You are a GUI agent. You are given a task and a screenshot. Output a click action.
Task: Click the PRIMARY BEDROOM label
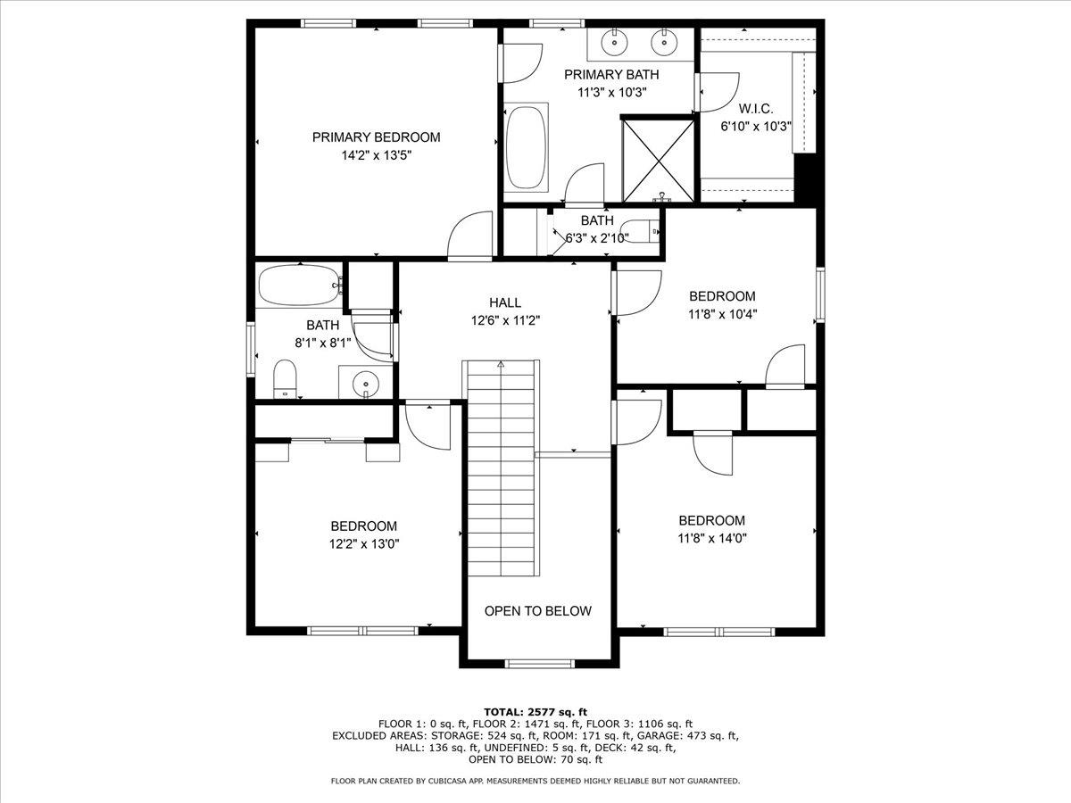point(377,137)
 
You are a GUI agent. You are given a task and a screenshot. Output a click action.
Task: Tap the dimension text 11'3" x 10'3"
point(612,93)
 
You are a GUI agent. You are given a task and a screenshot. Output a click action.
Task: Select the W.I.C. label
point(756,109)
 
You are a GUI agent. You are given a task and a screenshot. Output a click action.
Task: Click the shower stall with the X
point(659,161)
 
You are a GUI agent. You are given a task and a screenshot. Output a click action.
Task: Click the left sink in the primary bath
point(615,43)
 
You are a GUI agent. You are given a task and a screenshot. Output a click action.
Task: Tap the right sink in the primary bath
point(664,43)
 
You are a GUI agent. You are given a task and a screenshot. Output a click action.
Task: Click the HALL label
point(505,302)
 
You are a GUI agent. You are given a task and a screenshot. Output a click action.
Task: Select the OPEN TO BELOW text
point(537,611)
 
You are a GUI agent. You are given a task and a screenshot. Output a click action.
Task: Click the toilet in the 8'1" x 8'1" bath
point(285,379)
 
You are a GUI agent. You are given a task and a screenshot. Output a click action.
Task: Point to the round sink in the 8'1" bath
point(365,383)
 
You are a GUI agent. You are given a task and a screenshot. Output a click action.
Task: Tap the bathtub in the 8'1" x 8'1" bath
point(300,286)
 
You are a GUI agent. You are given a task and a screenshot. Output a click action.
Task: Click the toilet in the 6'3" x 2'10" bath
point(640,232)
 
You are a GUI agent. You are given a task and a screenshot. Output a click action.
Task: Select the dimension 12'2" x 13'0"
point(364,544)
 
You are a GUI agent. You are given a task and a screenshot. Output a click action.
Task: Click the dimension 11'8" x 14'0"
point(712,538)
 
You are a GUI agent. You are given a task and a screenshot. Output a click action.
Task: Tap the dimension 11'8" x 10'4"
point(722,314)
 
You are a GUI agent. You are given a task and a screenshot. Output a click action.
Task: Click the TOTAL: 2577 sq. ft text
point(535,712)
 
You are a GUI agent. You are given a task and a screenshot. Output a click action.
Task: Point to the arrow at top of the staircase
point(501,363)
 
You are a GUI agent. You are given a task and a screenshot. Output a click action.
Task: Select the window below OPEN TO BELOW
point(540,663)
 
